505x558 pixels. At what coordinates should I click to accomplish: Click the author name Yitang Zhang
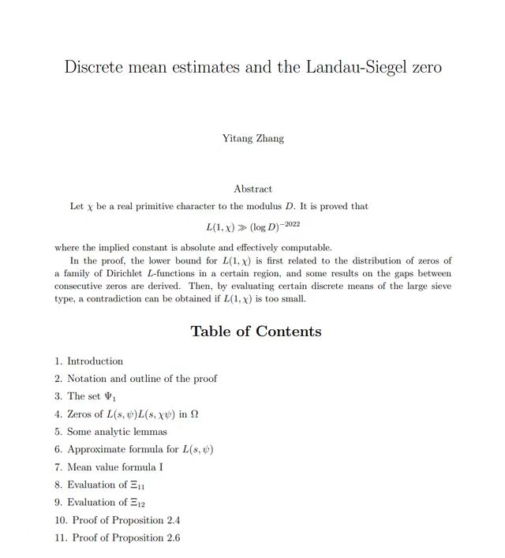click(x=252, y=139)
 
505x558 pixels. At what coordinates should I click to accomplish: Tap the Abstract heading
click(x=252, y=189)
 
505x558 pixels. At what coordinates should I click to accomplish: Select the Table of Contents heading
click(x=256, y=331)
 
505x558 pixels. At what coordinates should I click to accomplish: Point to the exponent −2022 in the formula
click(x=287, y=224)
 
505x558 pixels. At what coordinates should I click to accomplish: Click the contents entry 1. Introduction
click(x=88, y=361)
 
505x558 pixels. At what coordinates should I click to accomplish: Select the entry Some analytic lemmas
click(x=117, y=432)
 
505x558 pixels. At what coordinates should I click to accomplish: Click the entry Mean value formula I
click(x=114, y=467)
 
